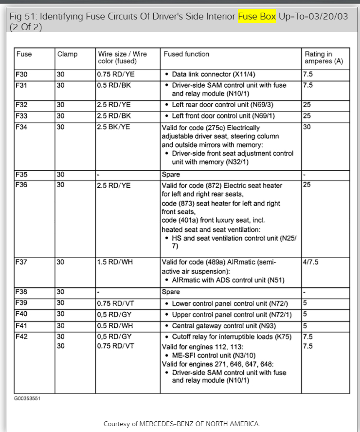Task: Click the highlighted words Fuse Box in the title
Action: coord(257,17)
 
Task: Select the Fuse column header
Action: coord(24,54)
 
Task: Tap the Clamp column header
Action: coord(67,54)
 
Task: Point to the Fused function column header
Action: coord(186,54)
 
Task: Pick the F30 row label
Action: coord(21,75)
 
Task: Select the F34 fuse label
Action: coord(21,127)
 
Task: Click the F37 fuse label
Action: coord(21,262)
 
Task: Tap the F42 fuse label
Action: coord(21,337)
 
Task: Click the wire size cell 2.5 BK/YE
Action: coord(114,127)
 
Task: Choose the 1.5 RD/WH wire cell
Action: coord(114,262)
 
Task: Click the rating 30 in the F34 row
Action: coord(306,127)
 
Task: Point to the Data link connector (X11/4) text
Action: coord(213,75)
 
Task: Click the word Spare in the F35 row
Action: coord(171,174)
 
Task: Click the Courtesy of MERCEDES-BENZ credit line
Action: coord(181,424)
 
